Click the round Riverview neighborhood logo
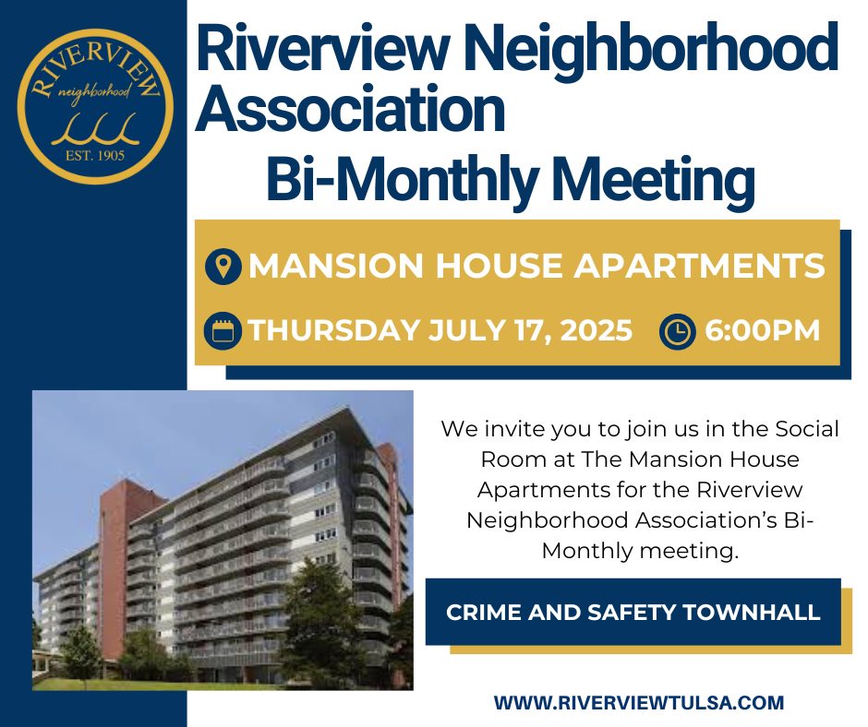coord(95,106)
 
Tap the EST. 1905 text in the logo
coord(95,156)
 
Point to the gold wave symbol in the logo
coord(95,129)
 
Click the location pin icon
coord(223,266)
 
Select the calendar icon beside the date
coord(223,331)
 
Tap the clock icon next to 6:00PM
coord(678,331)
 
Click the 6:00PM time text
coord(762,331)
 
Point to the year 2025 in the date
coord(597,331)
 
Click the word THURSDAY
coord(333,331)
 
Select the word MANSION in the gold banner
coord(336,266)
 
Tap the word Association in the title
coord(350,109)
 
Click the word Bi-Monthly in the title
coord(403,179)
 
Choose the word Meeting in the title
coord(654,179)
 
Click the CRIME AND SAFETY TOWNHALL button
coord(633,612)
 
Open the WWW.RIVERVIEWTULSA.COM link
coord(639,703)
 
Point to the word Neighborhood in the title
coord(655,48)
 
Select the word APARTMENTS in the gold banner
coord(699,266)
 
